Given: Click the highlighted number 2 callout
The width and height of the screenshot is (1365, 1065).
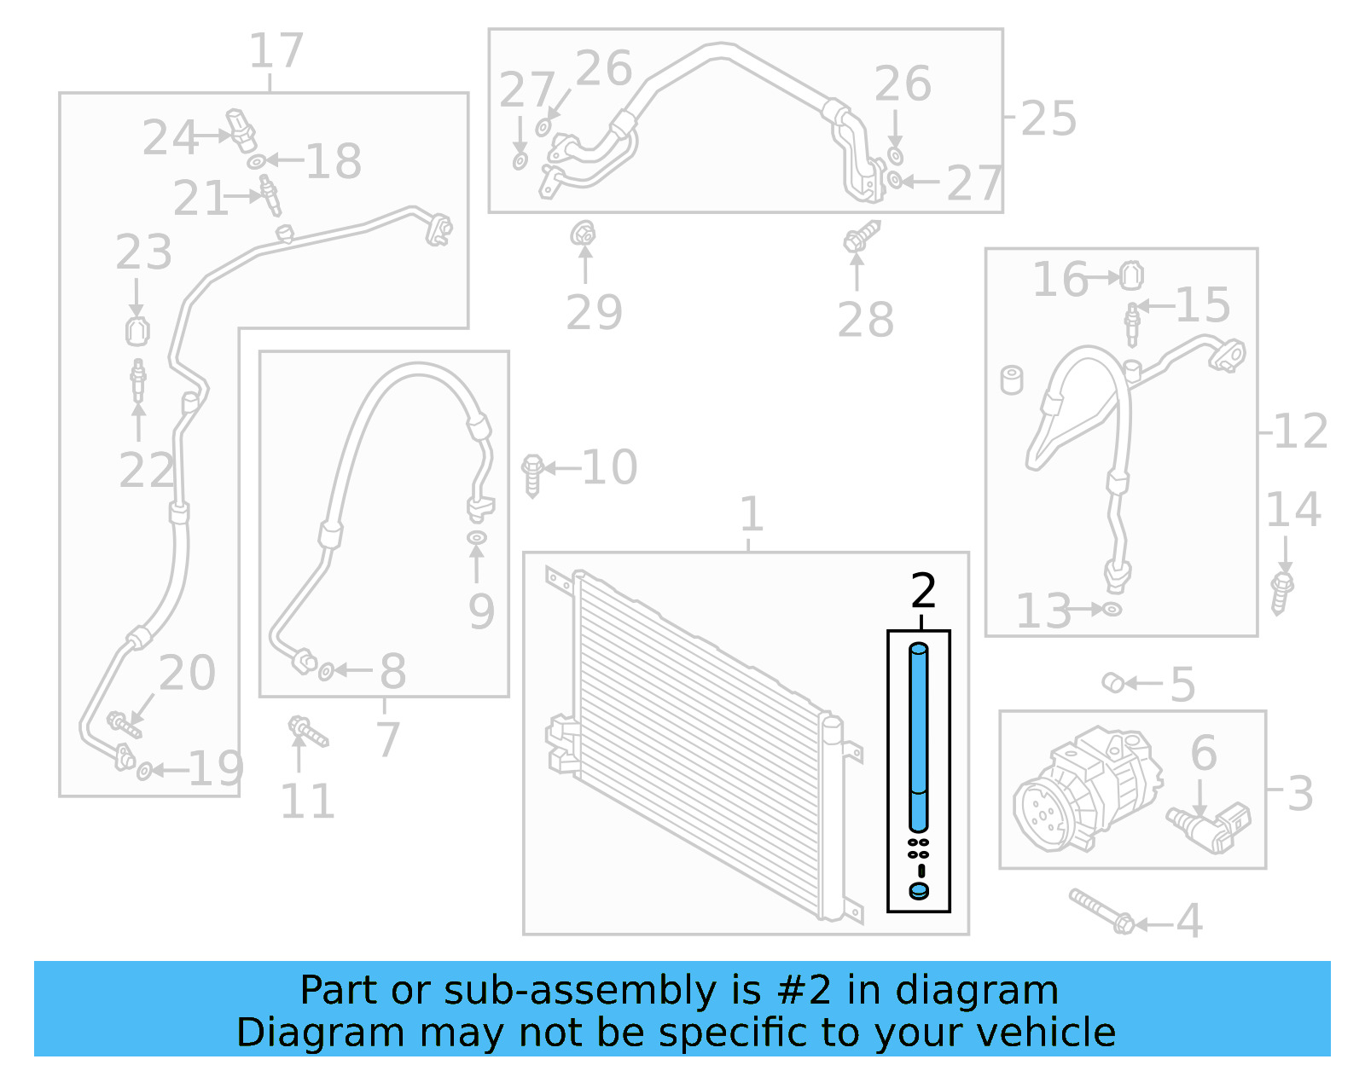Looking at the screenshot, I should click(x=923, y=591).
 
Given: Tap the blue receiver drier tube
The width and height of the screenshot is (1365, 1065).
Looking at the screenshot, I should click(x=919, y=733).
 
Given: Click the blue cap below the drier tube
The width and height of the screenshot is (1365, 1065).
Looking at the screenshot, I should click(x=919, y=891).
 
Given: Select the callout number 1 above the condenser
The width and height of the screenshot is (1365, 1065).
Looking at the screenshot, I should click(x=750, y=514).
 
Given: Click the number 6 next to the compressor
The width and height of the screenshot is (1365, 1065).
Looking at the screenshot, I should click(x=1203, y=753).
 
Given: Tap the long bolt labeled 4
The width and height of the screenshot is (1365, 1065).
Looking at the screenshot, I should click(x=1101, y=912).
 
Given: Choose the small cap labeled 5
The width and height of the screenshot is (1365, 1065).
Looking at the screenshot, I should click(x=1112, y=682).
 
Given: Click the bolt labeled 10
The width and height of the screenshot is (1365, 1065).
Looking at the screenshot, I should click(x=532, y=473).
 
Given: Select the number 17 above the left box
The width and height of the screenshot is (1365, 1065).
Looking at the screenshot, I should click(x=276, y=51).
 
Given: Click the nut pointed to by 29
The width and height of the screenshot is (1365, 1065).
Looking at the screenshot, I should click(x=584, y=233).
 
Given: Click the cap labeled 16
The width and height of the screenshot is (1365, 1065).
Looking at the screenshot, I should click(x=1131, y=275).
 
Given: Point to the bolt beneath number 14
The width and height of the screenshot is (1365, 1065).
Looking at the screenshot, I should click(x=1281, y=592).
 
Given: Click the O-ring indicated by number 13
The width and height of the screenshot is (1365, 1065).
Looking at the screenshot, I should click(x=1112, y=609).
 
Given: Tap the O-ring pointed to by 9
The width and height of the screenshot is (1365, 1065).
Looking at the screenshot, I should click(x=477, y=537).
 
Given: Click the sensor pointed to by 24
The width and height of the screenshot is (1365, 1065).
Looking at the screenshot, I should click(x=241, y=130).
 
